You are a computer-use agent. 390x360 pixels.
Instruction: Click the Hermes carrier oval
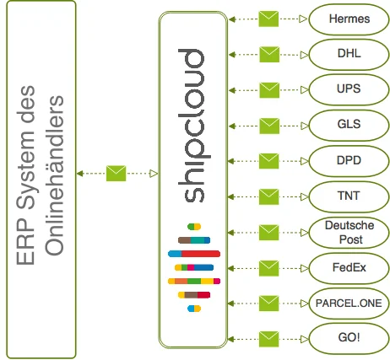tap(349, 19)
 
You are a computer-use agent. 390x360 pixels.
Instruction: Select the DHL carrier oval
tap(349, 55)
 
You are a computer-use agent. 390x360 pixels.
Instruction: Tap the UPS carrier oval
tap(349, 90)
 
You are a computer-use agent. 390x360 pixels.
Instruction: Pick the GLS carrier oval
tap(349, 126)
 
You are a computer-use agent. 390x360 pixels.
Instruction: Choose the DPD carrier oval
tap(349, 161)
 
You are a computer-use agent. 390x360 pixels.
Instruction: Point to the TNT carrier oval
tap(349, 196)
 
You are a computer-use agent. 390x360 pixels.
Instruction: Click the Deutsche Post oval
tap(349, 233)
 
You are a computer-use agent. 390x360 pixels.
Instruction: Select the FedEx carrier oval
tap(349, 268)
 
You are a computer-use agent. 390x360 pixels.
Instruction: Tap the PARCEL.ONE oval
tap(349, 304)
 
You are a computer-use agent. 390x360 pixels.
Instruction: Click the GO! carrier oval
tap(349, 339)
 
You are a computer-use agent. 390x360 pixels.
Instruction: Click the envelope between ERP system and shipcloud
tap(116, 174)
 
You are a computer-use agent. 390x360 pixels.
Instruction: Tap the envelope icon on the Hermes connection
tap(268, 19)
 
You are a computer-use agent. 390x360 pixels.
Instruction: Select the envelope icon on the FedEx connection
tap(268, 268)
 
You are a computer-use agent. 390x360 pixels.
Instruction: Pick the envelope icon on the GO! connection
tap(268, 339)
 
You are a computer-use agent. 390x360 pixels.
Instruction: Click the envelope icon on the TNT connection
tap(268, 196)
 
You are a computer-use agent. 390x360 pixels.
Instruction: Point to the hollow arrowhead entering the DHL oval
tap(304, 55)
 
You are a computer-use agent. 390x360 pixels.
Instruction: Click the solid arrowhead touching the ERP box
tap(80, 174)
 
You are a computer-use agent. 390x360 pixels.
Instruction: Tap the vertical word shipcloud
tap(191, 126)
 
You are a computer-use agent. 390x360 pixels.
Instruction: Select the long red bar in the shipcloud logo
tap(201, 254)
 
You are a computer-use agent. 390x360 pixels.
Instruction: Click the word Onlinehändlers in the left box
tap(54, 175)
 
